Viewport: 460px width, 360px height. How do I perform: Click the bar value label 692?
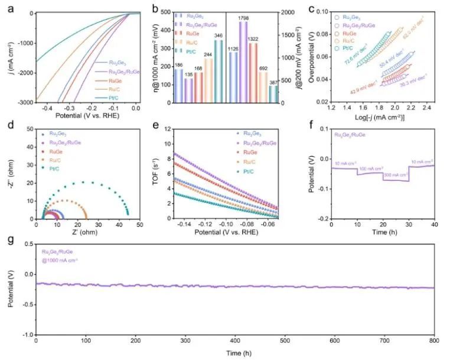coord(263,69)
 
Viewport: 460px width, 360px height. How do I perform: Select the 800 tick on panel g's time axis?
coord(435,342)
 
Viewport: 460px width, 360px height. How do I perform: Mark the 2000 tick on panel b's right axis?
coord(289,12)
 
